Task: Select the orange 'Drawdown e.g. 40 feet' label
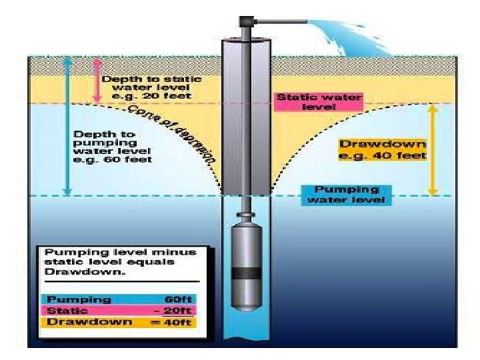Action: pos(383,149)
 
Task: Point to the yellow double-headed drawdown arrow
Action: pos(432,149)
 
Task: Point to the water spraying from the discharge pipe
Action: pos(337,33)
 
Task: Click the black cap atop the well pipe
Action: pos(247,21)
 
